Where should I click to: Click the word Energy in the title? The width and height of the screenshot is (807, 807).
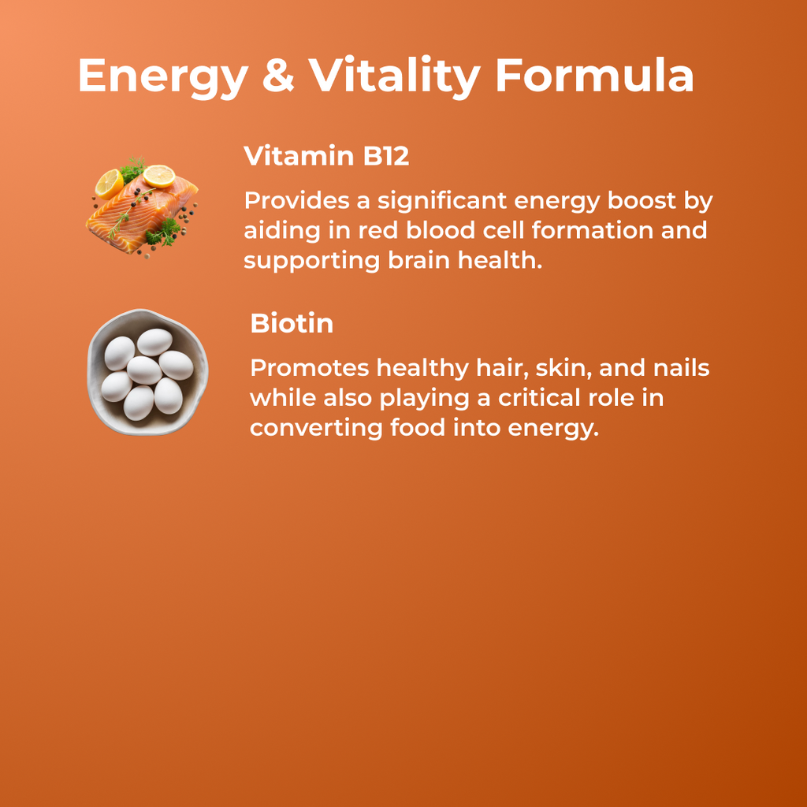click(162, 77)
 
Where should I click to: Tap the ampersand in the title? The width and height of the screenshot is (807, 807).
click(277, 76)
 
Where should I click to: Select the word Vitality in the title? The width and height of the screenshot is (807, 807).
click(393, 77)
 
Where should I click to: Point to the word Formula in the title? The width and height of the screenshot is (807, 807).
click(594, 76)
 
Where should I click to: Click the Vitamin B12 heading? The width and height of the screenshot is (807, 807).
click(326, 156)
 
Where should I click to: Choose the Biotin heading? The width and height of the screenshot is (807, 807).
click(292, 323)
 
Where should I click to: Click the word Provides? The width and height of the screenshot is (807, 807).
click(296, 201)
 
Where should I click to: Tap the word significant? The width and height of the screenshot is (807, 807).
click(442, 203)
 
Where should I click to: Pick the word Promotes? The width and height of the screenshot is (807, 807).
click(310, 368)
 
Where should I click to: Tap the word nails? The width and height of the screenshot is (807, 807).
click(682, 368)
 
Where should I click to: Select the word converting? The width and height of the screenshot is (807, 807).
click(316, 430)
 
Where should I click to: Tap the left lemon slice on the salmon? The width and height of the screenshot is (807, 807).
click(110, 183)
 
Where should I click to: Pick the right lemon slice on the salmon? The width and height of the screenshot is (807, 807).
click(159, 175)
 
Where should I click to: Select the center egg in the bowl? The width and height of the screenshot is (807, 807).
click(144, 370)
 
